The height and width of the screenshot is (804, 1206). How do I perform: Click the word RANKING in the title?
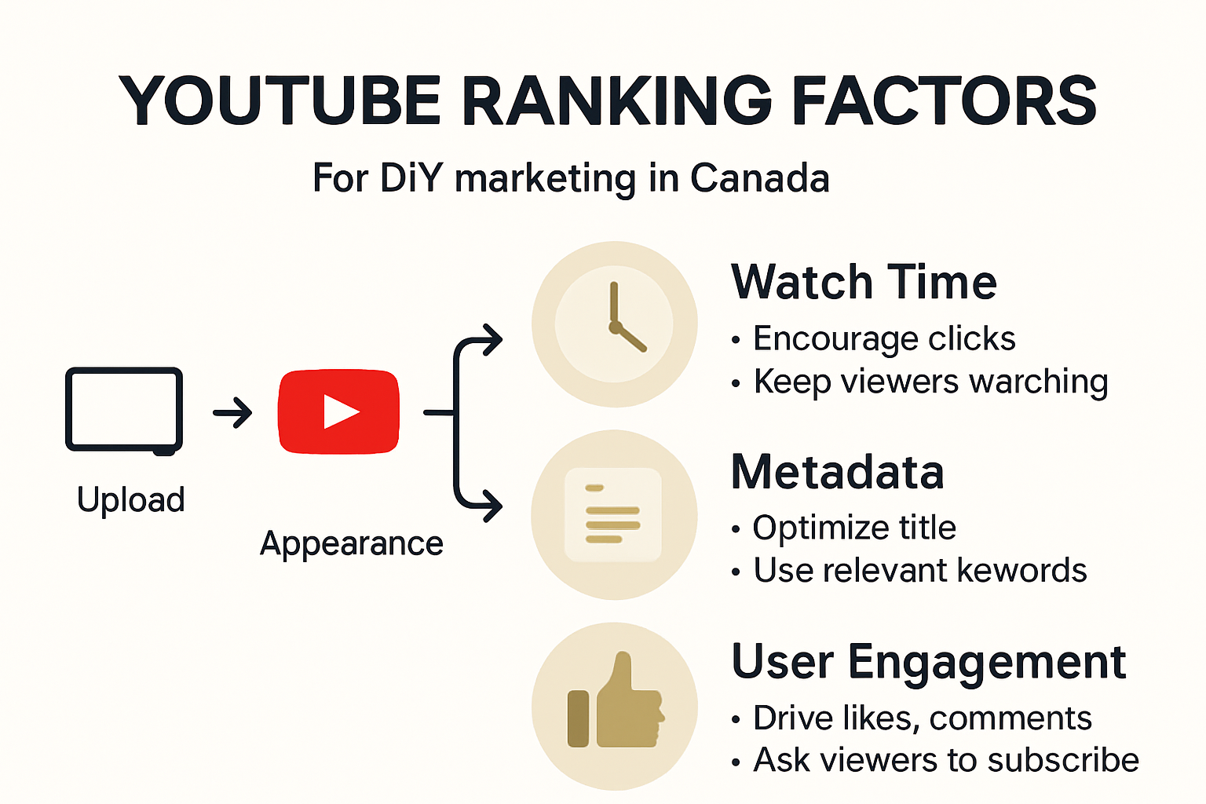coord(616,100)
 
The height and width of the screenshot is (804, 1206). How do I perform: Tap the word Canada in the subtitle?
coord(760,177)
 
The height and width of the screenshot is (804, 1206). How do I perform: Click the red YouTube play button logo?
coord(338,411)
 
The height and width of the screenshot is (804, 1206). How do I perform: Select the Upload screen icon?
coord(124,411)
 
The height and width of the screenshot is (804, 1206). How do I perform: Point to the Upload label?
coord(131,500)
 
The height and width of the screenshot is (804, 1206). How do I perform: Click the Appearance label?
coord(352,544)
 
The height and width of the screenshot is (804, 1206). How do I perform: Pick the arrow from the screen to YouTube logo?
coord(232,413)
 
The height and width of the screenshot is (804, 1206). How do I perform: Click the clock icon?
coord(614,324)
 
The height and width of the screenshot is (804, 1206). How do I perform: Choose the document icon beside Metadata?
coord(614,515)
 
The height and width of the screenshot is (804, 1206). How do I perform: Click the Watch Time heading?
coord(864,282)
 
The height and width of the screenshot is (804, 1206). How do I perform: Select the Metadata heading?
coord(837,472)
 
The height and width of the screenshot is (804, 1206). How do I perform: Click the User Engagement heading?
coord(929,662)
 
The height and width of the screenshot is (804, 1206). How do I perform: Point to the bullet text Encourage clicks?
coord(884,338)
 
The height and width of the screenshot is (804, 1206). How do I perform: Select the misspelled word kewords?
coord(1022,570)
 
